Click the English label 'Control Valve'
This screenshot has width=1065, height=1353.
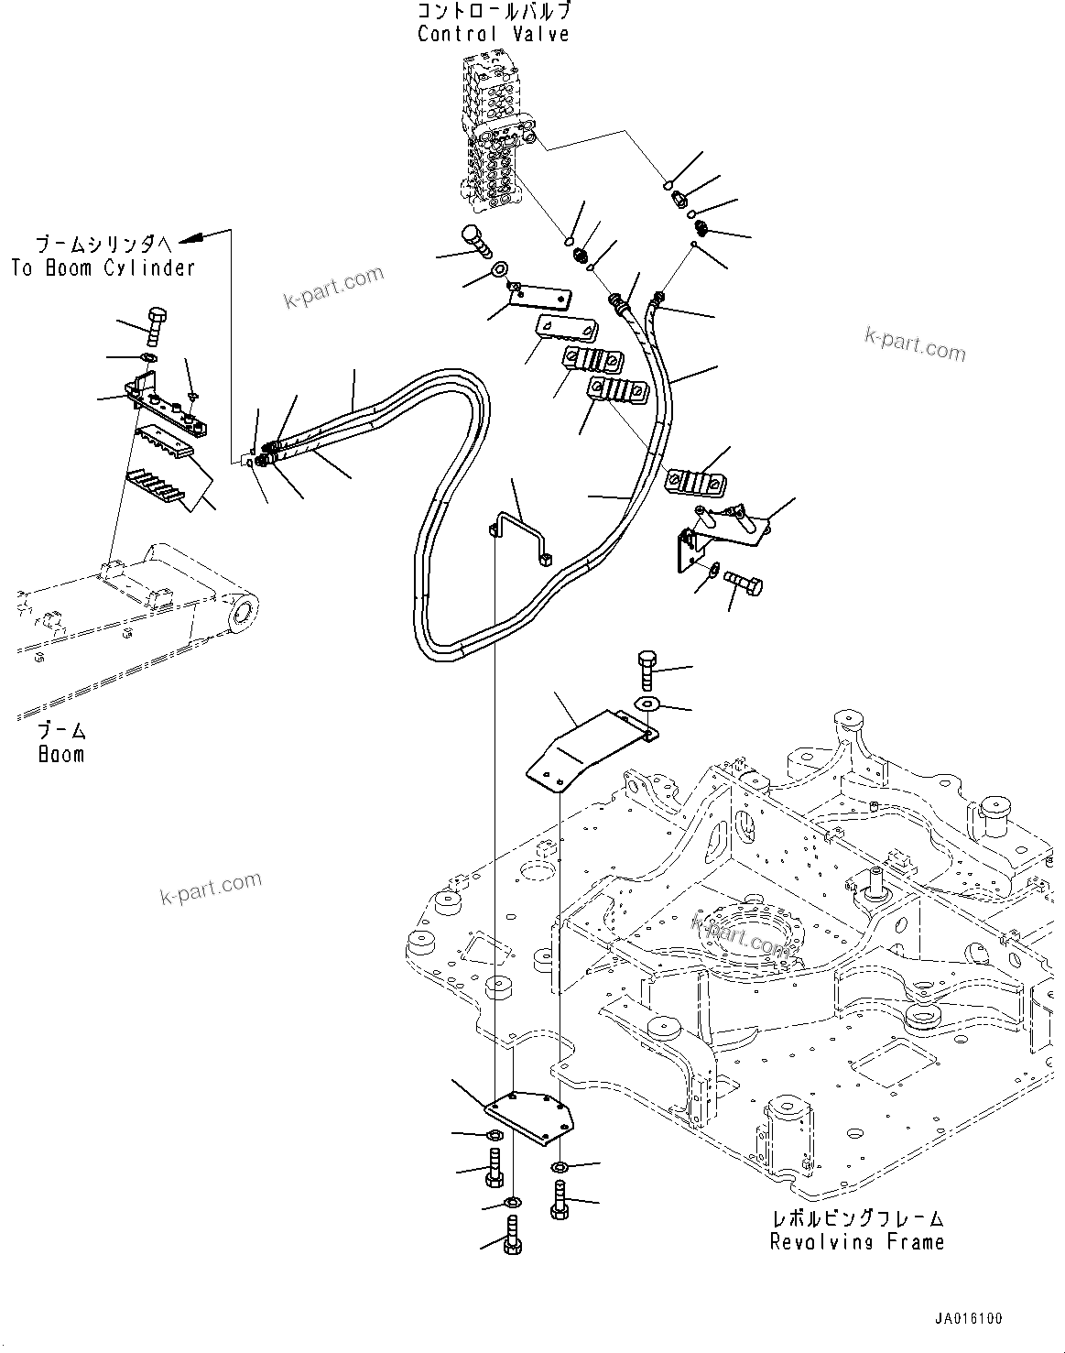[494, 34]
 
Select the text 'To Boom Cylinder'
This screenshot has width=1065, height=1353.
[103, 267]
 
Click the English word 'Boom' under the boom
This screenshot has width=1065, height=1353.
[61, 754]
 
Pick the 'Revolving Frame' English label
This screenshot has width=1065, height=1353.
[856, 1242]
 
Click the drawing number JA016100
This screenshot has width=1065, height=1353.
[968, 1319]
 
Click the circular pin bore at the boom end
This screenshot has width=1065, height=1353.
[242, 611]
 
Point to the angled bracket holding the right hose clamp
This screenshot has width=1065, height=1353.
[710, 536]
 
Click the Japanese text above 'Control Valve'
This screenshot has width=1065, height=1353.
[494, 12]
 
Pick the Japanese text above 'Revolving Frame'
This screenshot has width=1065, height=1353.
[856, 1219]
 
